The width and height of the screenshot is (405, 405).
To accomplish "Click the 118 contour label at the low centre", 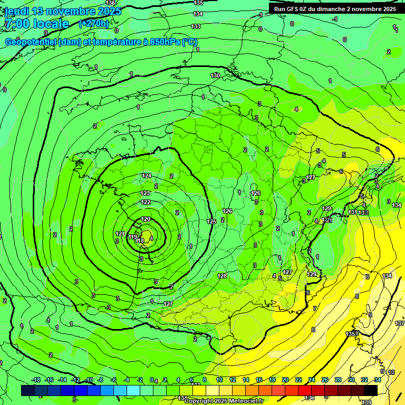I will point(140,240).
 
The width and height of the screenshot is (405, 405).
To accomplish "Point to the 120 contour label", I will point(146,219).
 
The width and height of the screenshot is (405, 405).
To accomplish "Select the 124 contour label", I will point(147,176).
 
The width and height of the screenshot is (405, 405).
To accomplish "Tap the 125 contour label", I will point(211,221).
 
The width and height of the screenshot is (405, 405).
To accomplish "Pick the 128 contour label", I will point(222,276).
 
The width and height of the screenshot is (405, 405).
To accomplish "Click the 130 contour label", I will point(215,75).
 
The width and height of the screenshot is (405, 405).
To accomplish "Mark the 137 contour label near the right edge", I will point(400,323).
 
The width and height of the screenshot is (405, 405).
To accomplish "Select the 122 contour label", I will point(146,202).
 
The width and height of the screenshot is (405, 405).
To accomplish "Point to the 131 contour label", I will point(353,212).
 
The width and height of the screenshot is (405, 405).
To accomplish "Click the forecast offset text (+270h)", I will point(94,23).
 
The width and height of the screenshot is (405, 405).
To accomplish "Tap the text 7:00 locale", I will point(37,24).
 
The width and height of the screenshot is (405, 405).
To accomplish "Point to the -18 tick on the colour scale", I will point(36,380).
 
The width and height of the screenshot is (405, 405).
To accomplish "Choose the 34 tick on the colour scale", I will point(378,380).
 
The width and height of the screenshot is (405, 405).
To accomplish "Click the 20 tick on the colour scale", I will point(285,380).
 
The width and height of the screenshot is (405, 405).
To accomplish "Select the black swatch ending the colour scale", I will point(371,390).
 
